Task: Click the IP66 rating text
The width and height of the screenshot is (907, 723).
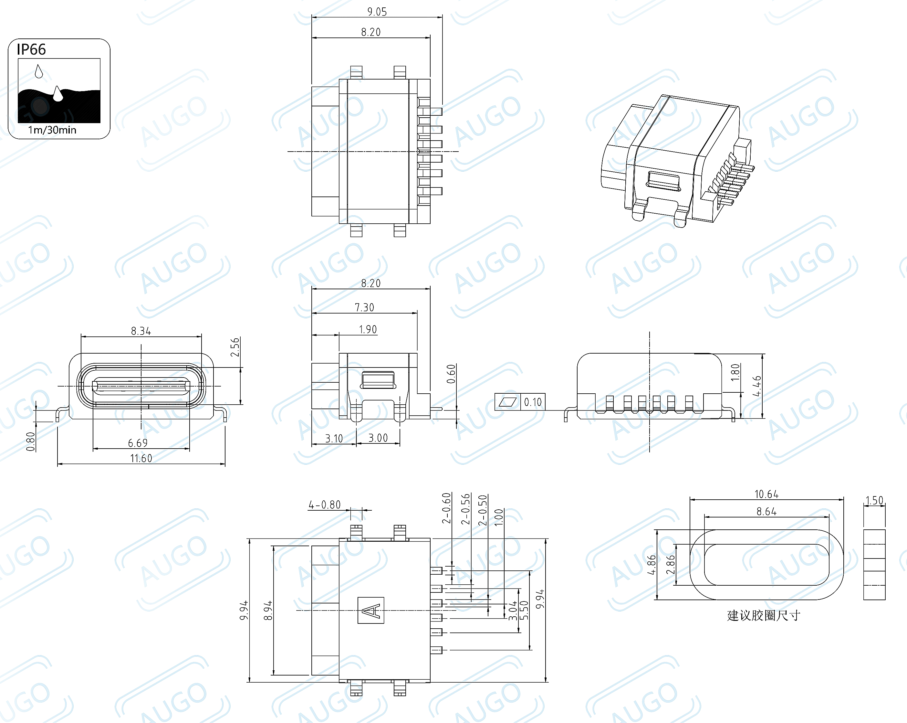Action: pos(31,50)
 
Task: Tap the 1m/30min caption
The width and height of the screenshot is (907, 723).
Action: pos(52,130)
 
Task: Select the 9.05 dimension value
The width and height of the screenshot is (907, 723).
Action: pos(377,12)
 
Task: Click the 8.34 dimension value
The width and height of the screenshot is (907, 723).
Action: pos(141,331)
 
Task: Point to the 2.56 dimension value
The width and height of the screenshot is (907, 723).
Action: pos(235,347)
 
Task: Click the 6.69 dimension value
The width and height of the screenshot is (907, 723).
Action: pos(138,443)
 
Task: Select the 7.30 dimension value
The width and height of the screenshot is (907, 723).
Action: pos(364,308)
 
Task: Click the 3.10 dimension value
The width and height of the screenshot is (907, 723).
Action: pos(334,439)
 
